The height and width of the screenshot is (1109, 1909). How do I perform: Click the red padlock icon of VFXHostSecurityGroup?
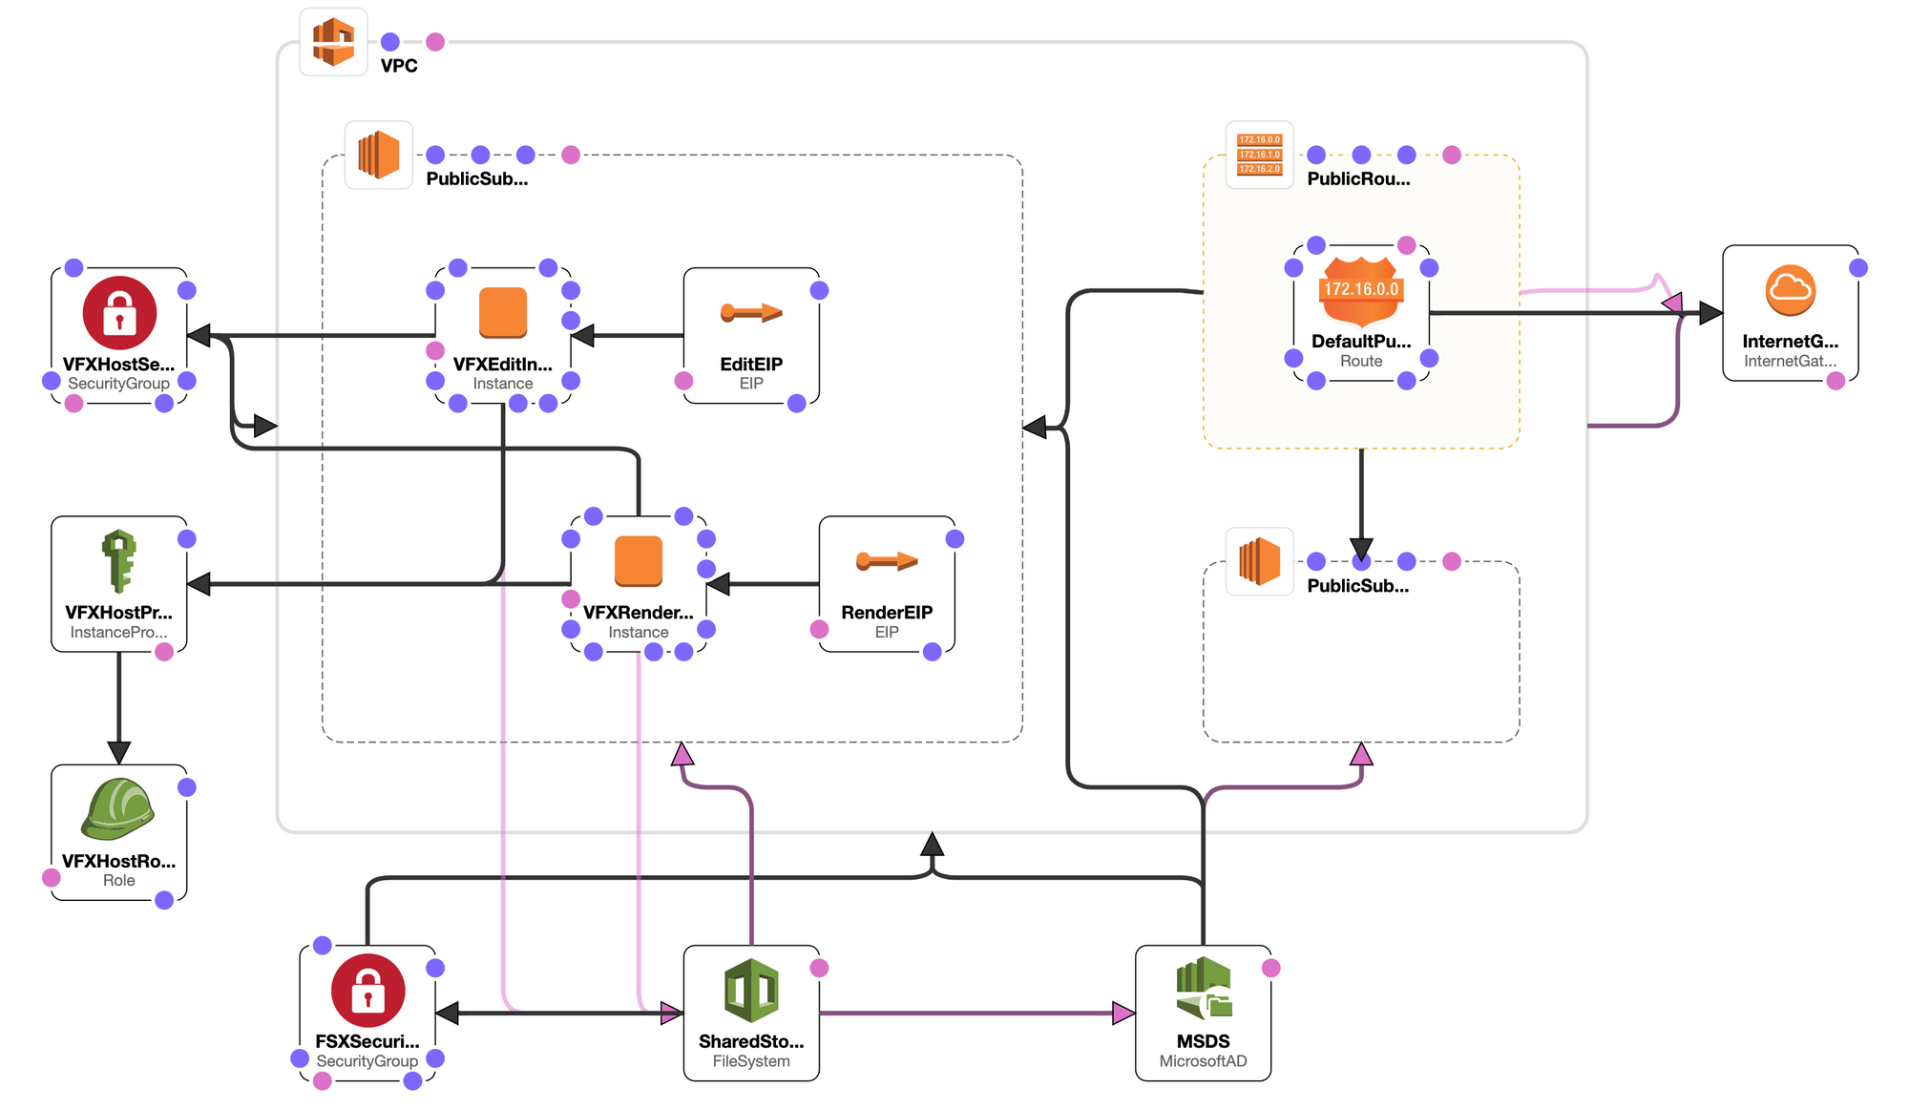click(119, 313)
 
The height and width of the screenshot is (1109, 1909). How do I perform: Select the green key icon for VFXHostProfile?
click(119, 561)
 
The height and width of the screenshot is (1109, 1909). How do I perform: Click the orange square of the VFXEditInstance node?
click(503, 313)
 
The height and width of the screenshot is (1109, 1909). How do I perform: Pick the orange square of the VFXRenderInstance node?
click(639, 561)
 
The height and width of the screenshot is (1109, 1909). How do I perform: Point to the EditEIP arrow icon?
click(751, 313)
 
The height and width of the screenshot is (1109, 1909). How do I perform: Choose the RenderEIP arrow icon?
click(887, 561)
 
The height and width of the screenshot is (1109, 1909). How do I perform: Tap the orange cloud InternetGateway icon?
click(1790, 290)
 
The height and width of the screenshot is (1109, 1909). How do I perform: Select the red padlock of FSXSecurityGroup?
click(367, 991)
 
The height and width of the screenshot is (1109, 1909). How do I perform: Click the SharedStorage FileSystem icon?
click(751, 991)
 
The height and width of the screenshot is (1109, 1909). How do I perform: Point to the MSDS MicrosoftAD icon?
click(1203, 991)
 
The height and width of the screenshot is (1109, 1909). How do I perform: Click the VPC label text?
click(399, 66)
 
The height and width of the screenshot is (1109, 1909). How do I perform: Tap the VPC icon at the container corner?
click(333, 42)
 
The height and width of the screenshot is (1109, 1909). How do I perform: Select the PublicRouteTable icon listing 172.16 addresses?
click(1259, 155)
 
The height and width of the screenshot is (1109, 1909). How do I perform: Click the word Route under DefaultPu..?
click(1361, 361)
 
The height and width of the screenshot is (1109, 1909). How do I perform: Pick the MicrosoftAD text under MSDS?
click(1203, 1061)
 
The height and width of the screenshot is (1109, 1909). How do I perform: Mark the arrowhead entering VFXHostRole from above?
click(119, 753)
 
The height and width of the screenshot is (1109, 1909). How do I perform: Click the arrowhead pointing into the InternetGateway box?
click(1710, 313)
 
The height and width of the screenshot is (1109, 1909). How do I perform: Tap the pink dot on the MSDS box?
click(1270, 968)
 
